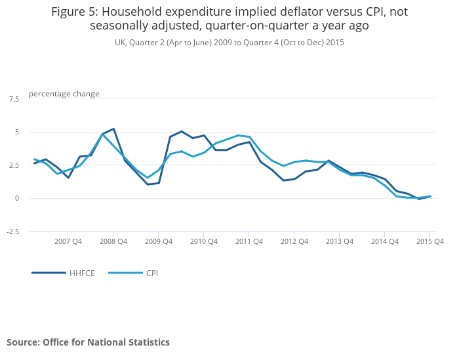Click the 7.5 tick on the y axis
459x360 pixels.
(x=14, y=99)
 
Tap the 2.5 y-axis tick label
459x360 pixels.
(x=14, y=165)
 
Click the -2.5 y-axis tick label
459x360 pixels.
(x=12, y=231)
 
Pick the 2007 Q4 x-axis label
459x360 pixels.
(x=68, y=241)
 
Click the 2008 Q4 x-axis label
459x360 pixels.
(x=113, y=241)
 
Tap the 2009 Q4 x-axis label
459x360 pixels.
(x=159, y=241)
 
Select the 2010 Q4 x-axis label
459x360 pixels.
(x=204, y=241)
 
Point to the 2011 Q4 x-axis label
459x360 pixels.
(x=249, y=241)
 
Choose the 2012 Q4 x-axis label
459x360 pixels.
(x=294, y=241)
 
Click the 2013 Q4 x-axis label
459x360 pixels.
(x=340, y=241)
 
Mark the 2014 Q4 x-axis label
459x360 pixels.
(x=385, y=241)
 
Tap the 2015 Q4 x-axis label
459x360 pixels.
(x=430, y=241)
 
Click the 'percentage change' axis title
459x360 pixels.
(x=64, y=94)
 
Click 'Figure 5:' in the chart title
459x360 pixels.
(x=74, y=11)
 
